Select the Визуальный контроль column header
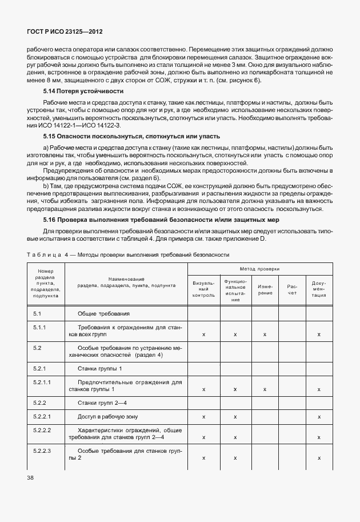pos(203,289)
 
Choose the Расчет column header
pos(292,289)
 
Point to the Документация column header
pos(319,289)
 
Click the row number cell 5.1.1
pos(39,326)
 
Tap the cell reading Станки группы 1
pos(100,368)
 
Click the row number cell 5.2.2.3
pos(42,452)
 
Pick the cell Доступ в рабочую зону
pos(107,417)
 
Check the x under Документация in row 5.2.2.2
pos(319,437)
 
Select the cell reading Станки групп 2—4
pos(103,403)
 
